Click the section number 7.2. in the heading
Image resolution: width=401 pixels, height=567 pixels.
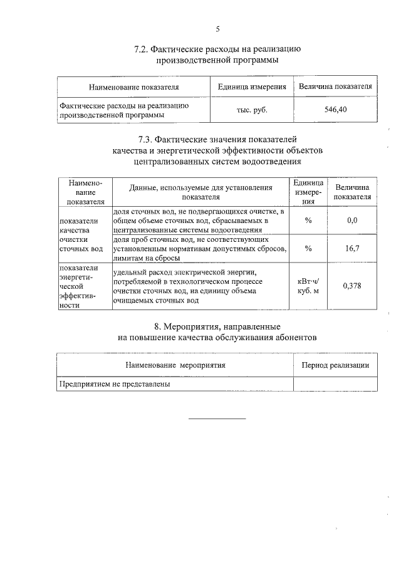coord(145,49)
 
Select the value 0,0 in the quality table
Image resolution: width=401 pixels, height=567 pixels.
coord(352,221)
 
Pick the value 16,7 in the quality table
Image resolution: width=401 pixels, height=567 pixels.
coord(352,248)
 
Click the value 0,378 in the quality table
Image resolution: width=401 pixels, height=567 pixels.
coord(352,286)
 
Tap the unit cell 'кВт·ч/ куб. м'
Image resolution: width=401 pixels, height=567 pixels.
coord(308,286)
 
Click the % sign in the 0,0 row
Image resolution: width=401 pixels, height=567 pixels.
coord(308,221)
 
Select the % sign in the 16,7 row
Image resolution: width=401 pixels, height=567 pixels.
coord(308,248)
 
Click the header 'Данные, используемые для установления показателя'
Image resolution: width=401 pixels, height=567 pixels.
coord(200,192)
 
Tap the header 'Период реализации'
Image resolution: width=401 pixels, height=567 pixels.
coord(335,365)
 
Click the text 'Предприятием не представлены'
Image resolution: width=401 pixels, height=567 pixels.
coord(115,383)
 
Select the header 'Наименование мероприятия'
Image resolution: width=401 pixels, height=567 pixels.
coord(175,365)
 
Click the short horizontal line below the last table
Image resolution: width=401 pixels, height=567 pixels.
coord(217,418)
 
